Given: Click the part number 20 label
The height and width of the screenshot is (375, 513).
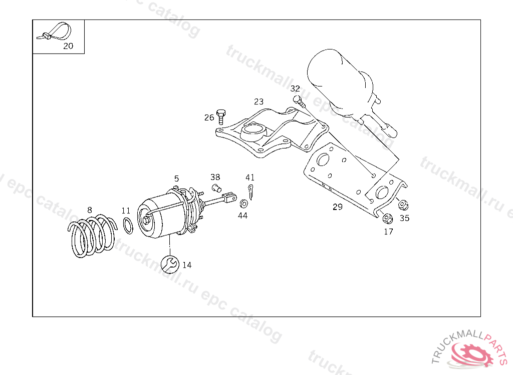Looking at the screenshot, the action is pyautogui.click(x=68, y=46).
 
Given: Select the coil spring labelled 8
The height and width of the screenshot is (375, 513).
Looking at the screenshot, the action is pyautogui.click(x=92, y=236).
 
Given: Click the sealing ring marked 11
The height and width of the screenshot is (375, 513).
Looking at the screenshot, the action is pyautogui.click(x=128, y=225).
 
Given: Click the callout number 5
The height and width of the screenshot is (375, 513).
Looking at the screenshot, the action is pyautogui.click(x=176, y=178).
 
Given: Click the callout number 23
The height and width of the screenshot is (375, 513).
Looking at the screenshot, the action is pyautogui.click(x=259, y=101).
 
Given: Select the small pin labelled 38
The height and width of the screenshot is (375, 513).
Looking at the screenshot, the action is pyautogui.click(x=217, y=188).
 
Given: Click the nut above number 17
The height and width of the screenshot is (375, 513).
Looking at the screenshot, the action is pyautogui.click(x=387, y=218).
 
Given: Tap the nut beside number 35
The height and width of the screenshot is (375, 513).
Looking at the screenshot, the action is pyautogui.click(x=403, y=204).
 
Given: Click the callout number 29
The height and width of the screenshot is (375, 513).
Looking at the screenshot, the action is pyautogui.click(x=338, y=206).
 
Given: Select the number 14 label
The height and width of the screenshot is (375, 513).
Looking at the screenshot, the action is pyautogui.click(x=186, y=265).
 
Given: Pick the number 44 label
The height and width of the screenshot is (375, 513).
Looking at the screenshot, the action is pyautogui.click(x=242, y=215).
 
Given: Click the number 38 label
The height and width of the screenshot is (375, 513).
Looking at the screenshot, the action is pyautogui.click(x=215, y=177).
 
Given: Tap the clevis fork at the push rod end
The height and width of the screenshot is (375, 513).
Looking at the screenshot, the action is pyautogui.click(x=231, y=197).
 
